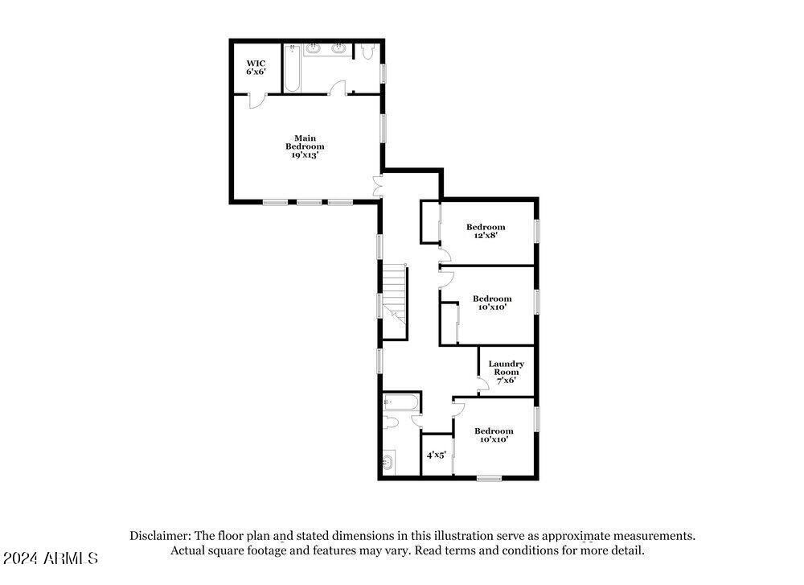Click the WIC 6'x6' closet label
pos(256,67)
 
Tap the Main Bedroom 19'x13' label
pos(305,146)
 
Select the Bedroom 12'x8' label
pos(486,232)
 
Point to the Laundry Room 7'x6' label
pos(506,372)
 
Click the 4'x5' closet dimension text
pos(437,455)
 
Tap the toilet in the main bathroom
pos(367,52)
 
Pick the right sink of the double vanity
pos(338,51)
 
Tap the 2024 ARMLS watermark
pos(50,558)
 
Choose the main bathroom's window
pos(383,72)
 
